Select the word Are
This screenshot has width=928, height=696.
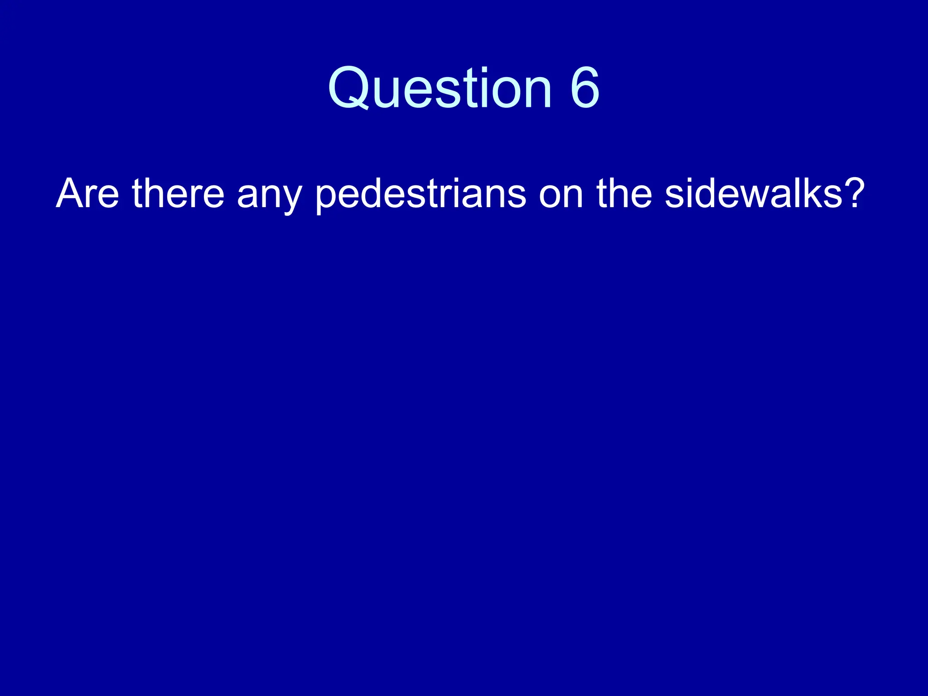point(87,194)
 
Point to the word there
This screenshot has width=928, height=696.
point(178,194)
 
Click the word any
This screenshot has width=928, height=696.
point(269,197)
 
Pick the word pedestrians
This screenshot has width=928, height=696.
point(420,194)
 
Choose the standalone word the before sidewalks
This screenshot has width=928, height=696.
point(624,194)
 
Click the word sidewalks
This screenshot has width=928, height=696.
point(754,194)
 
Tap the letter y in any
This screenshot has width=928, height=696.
point(291,199)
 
